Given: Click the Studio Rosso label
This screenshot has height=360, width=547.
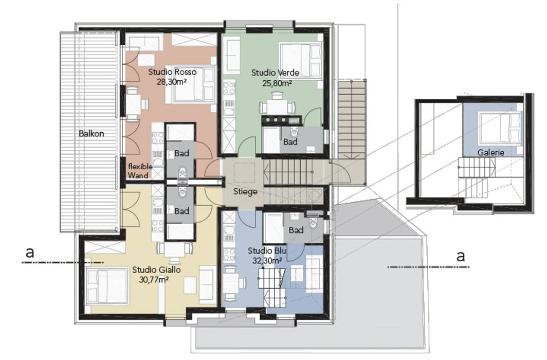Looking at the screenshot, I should (172, 71).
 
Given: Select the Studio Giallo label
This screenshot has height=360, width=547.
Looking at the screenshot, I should (156, 269).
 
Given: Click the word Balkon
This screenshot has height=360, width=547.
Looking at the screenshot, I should (92, 133).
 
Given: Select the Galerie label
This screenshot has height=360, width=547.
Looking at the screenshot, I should (490, 152).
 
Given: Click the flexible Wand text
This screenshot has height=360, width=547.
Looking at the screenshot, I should (138, 171).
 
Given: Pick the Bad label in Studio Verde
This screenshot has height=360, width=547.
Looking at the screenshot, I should (290, 142).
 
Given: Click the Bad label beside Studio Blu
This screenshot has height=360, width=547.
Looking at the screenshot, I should (296, 230).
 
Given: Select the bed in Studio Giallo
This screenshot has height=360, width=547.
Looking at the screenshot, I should (106, 286).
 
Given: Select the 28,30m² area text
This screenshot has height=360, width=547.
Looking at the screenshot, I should (172, 81).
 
